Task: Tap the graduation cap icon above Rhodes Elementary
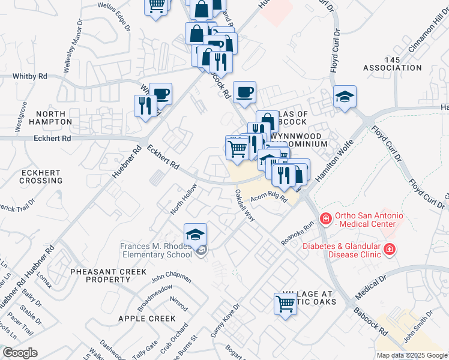(x=196, y=235)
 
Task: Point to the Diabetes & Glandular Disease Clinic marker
(x=390, y=248)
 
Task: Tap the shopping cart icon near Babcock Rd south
(x=286, y=304)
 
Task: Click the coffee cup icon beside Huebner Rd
(x=161, y=94)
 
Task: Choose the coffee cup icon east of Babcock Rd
(x=244, y=92)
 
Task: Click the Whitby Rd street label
(x=30, y=77)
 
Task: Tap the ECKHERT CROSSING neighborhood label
(x=41, y=176)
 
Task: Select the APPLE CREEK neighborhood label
(x=147, y=319)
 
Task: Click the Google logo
(x=20, y=353)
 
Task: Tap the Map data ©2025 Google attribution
(x=411, y=355)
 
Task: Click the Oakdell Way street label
(x=245, y=205)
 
